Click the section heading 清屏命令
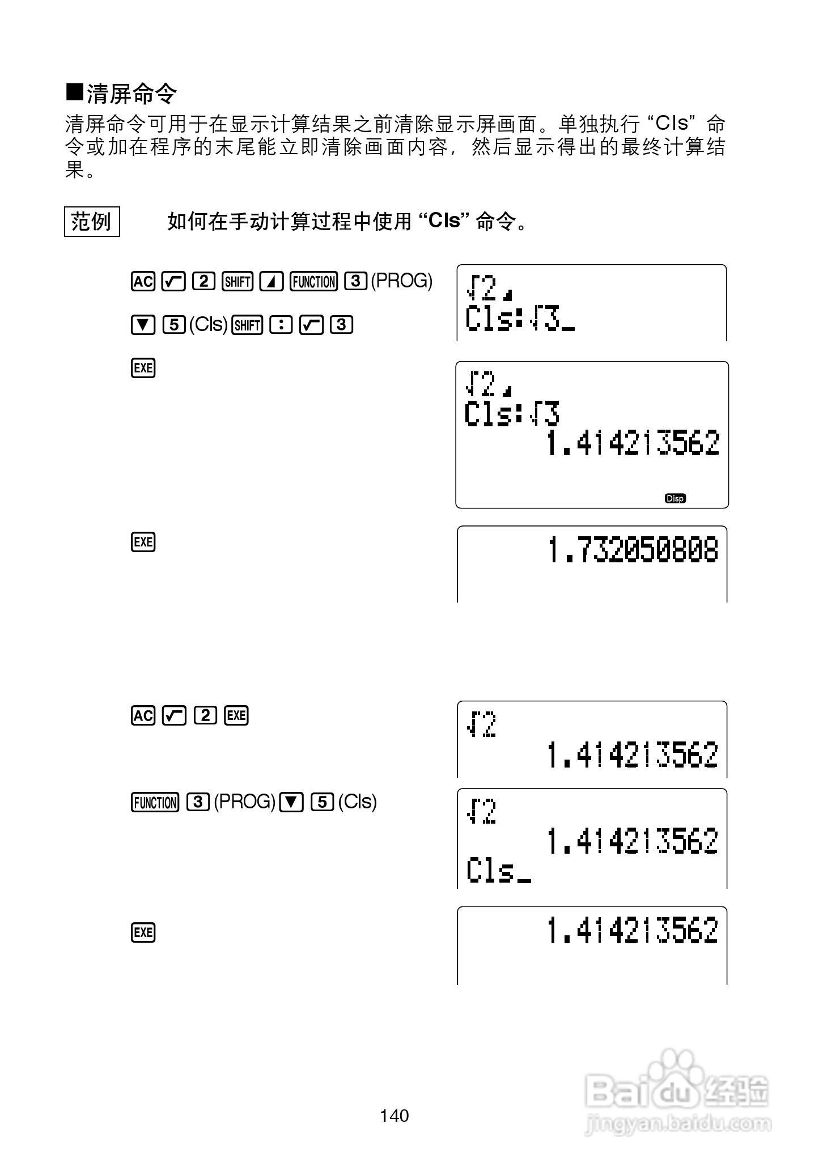coord(131,94)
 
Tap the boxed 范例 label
coord(91,221)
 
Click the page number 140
coord(394,1116)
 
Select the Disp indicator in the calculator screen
coord(675,498)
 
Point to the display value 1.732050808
coord(633,550)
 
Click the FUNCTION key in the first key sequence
coord(313,281)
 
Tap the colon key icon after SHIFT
coord(281,325)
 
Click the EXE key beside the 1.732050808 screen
coord(143,542)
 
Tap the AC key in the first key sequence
coord(143,281)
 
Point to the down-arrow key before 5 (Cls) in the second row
coord(143,325)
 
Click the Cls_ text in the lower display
coord(498,871)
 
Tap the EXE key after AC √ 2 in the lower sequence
coord(236,715)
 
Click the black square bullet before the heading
coord(75,94)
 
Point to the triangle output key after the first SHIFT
coord(271,281)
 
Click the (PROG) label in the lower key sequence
coord(244,802)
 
